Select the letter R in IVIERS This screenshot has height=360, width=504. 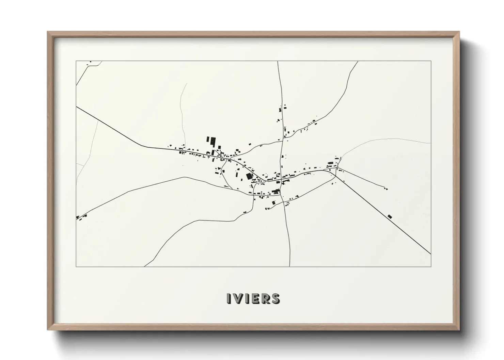(x=265, y=298)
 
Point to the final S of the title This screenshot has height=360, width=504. (x=275, y=298)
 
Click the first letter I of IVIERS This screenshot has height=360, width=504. (x=229, y=298)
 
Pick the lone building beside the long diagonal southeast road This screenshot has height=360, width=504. (x=390, y=216)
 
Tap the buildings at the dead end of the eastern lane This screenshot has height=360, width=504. (x=386, y=189)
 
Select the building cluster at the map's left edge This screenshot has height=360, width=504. (x=81, y=217)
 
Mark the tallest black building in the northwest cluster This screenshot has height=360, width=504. (x=213, y=141)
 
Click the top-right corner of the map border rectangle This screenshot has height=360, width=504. (x=431, y=61)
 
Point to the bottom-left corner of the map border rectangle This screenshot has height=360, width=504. (x=76, y=266)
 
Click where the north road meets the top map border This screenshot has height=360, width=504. (x=278, y=61)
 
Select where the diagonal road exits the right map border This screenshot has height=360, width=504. (x=431, y=254)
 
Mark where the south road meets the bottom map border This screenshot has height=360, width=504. (x=289, y=266)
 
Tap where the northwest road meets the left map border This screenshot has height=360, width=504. (x=76, y=107)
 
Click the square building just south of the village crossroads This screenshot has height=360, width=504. (x=273, y=203)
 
